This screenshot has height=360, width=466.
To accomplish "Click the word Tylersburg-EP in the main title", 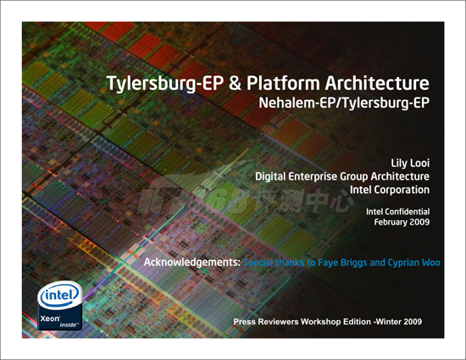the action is [x=164, y=83].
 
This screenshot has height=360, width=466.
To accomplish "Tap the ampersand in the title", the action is [x=235, y=83].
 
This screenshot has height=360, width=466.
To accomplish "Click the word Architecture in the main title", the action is [x=377, y=83].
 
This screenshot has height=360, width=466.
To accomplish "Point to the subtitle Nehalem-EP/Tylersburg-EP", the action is [x=344, y=103].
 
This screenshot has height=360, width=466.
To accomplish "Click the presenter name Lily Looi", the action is [x=410, y=163].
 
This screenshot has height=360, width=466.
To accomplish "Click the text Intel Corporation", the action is [x=390, y=190].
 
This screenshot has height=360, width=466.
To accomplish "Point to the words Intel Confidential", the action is [x=397, y=212].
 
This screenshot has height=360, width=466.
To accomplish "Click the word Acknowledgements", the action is [x=192, y=263].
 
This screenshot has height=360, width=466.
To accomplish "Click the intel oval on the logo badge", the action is [x=60, y=296].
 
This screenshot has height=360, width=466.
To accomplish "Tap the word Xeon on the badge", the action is [x=50, y=318].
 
